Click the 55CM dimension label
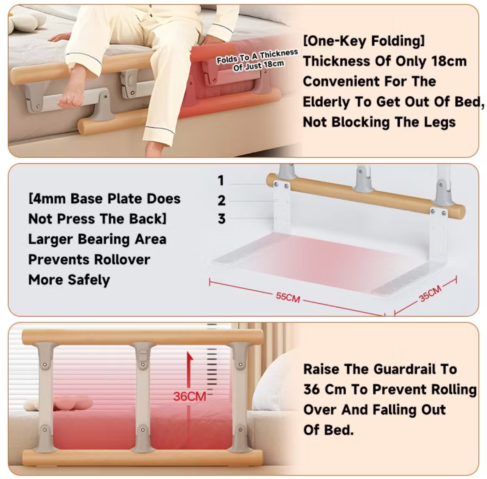coord(288,297)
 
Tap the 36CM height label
coord(190,396)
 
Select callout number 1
coord(221,181)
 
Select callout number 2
coord(222,200)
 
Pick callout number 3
coord(222,219)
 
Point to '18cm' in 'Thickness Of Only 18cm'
coord(449,61)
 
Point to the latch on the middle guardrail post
coord(143,355)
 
